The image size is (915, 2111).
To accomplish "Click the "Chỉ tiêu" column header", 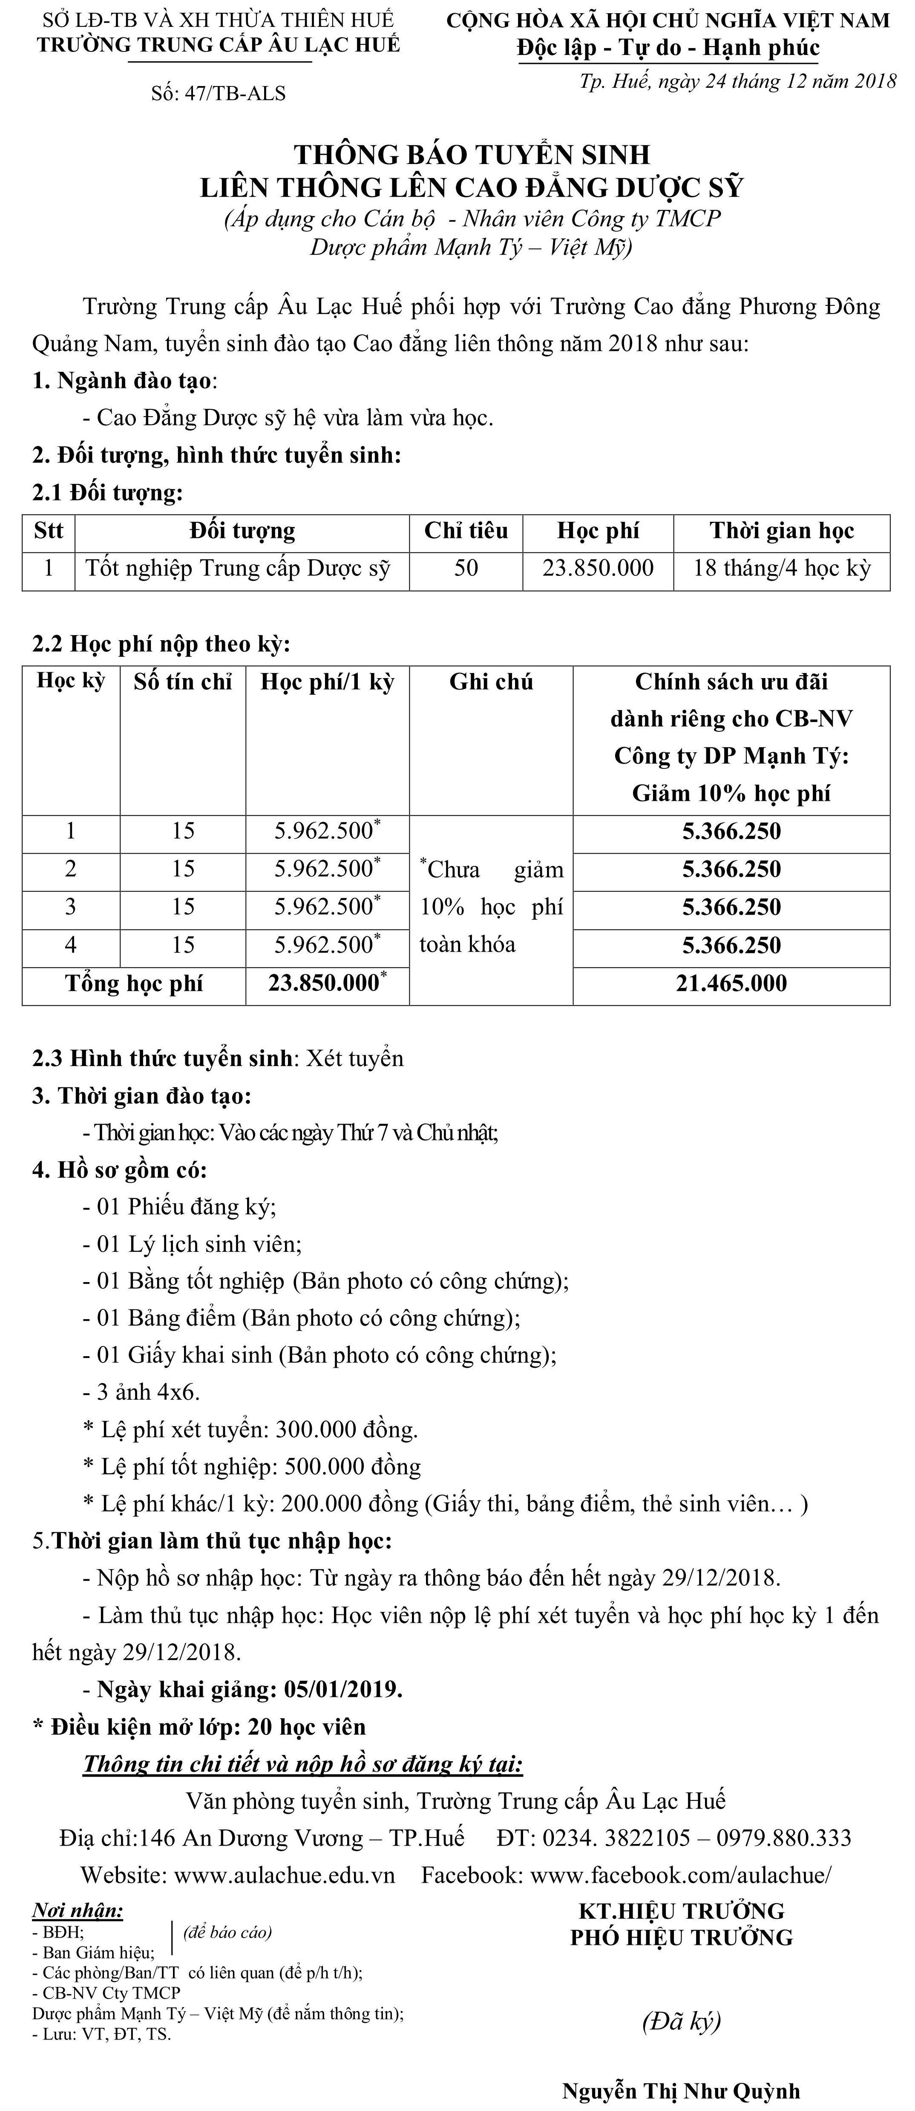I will (x=466, y=531).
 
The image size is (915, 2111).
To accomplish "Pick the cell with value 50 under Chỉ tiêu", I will (x=466, y=568).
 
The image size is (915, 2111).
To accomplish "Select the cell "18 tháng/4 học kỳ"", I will (x=781, y=568).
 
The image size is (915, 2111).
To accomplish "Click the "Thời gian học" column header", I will (x=781, y=531).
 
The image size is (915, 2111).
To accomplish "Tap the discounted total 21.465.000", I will (x=731, y=984).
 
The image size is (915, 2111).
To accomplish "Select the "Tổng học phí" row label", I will (x=134, y=984).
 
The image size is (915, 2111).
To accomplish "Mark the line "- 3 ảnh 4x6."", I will (x=141, y=1392).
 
